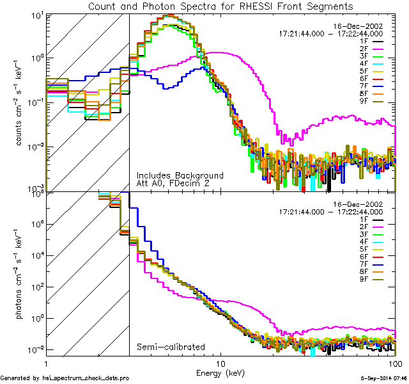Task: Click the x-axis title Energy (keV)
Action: (x=220, y=372)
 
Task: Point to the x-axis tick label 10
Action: (x=220, y=363)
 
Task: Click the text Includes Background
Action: (x=180, y=175)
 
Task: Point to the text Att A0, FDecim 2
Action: (x=173, y=184)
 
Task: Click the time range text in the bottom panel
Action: (x=331, y=211)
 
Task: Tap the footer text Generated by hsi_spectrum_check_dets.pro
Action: (x=65, y=378)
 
